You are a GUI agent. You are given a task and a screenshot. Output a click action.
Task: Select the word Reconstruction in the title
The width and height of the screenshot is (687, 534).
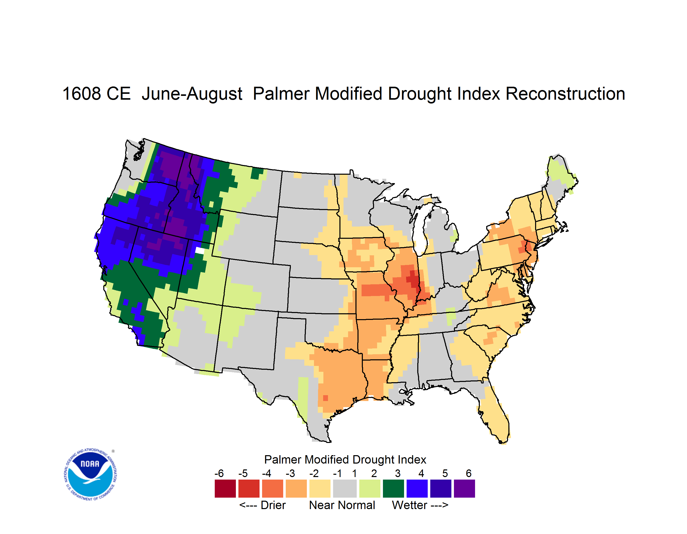565,94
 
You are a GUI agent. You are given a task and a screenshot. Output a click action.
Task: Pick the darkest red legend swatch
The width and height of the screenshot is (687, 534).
225,488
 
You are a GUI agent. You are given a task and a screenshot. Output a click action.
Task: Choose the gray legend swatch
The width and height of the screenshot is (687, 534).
345,488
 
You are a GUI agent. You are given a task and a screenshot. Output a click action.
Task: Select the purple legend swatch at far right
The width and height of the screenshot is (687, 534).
464,488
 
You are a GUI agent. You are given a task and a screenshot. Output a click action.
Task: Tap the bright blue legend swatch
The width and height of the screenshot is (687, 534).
417,488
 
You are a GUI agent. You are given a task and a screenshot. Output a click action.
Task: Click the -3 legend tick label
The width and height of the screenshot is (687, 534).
290,473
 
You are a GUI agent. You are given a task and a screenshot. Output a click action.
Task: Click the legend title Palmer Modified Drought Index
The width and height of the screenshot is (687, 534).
345,459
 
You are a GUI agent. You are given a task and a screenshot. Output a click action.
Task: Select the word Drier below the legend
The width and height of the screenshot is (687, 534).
273,505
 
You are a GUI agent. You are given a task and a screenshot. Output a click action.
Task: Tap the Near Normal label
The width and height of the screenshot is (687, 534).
342,505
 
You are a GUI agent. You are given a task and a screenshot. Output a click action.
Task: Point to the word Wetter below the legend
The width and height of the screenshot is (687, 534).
409,505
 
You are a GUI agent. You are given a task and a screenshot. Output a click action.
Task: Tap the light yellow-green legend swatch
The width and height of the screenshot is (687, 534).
370,488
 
